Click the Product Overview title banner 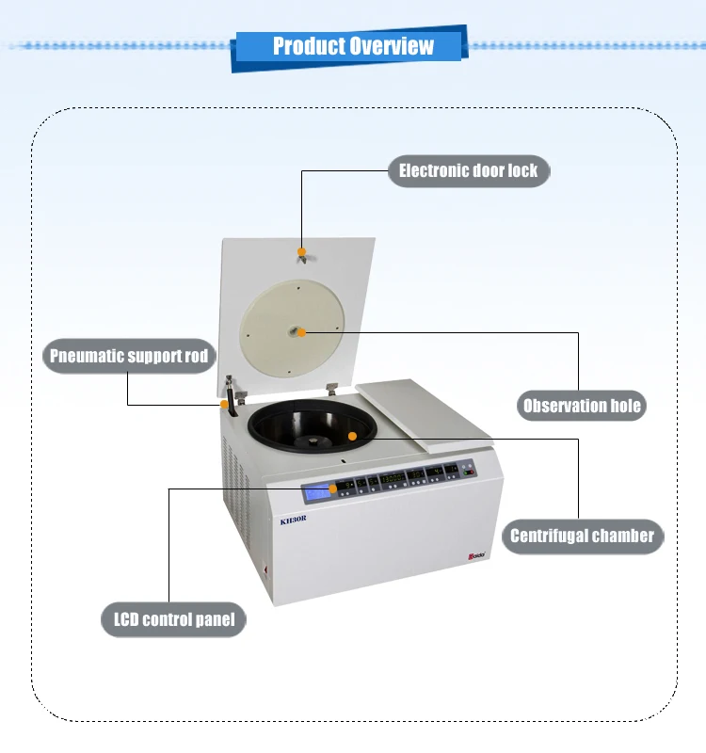coord(353,46)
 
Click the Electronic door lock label coord(468,170)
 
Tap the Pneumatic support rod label coord(128,356)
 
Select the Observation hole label coord(582,406)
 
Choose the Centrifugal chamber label coord(581,536)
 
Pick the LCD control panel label coord(173,619)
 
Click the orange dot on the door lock coord(301,251)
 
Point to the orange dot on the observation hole coord(303,330)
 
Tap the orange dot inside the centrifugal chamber coord(351,435)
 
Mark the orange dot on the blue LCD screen coord(332,489)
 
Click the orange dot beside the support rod coord(224,404)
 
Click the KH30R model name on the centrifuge coord(295,519)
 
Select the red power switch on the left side coord(265,569)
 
